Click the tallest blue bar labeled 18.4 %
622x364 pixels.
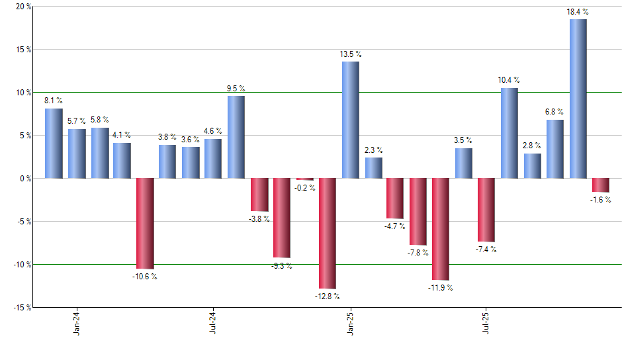click(578, 99)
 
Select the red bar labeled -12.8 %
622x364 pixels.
click(328, 233)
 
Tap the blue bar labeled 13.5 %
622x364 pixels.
click(350, 120)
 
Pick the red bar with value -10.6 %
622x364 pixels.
click(145, 223)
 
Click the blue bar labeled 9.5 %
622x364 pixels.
click(236, 137)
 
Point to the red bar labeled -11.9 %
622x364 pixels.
click(441, 229)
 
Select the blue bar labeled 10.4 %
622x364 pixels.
click(509, 133)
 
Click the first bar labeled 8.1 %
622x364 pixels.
click(54, 143)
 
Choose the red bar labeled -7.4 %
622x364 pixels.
click(486, 210)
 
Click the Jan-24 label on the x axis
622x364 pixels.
click(77, 323)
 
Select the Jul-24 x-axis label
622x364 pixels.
click(213, 323)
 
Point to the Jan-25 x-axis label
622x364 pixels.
click(350, 323)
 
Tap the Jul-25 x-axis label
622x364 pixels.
click(486, 323)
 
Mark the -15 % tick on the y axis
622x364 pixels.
click(21, 307)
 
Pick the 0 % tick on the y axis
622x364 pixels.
click(25, 179)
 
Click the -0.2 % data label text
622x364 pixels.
click(305, 188)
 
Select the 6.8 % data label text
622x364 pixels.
click(555, 112)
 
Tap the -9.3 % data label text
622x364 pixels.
click(282, 265)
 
